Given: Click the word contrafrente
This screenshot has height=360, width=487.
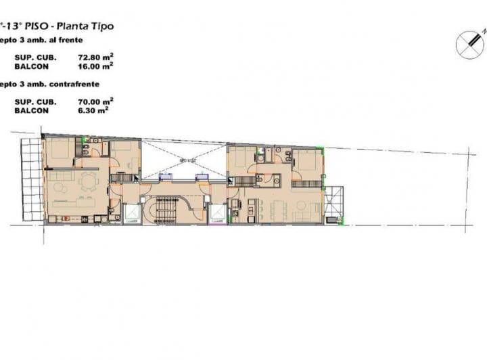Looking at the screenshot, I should (x=75, y=84).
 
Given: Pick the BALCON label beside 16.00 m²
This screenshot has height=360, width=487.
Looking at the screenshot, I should (x=31, y=66).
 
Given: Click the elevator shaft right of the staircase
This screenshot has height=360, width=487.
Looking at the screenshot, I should (x=216, y=212).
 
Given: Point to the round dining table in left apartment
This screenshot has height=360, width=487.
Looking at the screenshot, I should (x=88, y=181).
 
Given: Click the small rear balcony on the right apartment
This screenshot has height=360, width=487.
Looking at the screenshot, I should (x=333, y=203).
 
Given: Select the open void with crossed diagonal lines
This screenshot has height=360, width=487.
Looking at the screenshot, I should (x=183, y=160).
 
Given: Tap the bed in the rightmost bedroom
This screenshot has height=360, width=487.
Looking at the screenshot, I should (x=307, y=162).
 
